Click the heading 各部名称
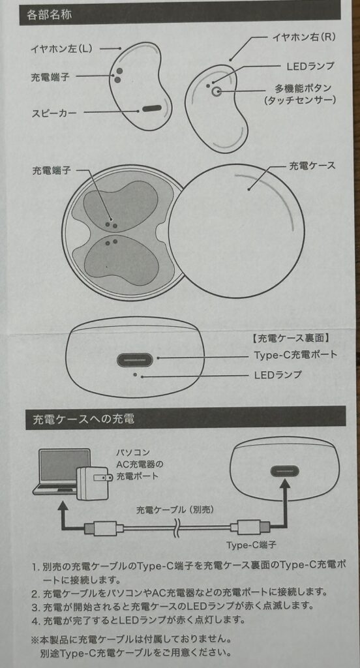pos(50,15)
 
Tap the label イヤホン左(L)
pos(61,48)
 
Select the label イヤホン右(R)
pos(304,37)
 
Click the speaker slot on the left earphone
pos(152,109)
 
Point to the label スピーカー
pos(55,113)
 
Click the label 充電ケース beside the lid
pos(312,166)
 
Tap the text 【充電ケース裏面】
pos(290,339)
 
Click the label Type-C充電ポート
pos(295,354)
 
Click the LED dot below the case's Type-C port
pos(136,375)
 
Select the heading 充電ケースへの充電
pos(83,419)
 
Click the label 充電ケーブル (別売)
pos(175,509)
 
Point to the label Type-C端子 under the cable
pos(245,545)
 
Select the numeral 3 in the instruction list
pos(35,605)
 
